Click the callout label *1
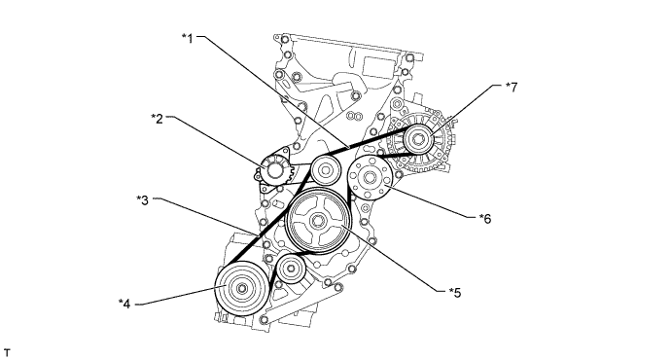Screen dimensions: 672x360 pyautogui.click(x=188, y=39)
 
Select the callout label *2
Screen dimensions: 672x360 pyautogui.click(x=158, y=119)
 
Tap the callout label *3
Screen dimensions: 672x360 pyautogui.click(x=143, y=200)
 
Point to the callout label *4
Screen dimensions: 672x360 pyautogui.click(x=124, y=304)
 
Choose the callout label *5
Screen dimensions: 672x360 pyautogui.click(x=455, y=293)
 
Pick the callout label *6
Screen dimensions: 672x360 pyautogui.click(x=485, y=219)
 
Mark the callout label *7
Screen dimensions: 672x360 pyautogui.click(x=512, y=88)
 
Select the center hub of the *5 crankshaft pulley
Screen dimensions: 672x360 pyautogui.click(x=318, y=222)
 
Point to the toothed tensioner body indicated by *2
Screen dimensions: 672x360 pyautogui.click(x=274, y=170)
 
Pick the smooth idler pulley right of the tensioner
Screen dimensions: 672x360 pyautogui.click(x=326, y=170)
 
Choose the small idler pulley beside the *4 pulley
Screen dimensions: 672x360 pyautogui.click(x=291, y=270)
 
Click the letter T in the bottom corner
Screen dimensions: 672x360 pyautogui.click(x=7, y=353)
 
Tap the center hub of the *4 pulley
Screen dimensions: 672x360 pyautogui.click(x=242, y=288)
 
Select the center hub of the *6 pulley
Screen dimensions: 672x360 pyautogui.click(x=371, y=177)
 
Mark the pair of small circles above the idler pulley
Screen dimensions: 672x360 pyautogui.click(x=353, y=116)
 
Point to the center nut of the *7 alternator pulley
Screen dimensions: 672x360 pyautogui.click(x=419, y=139)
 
